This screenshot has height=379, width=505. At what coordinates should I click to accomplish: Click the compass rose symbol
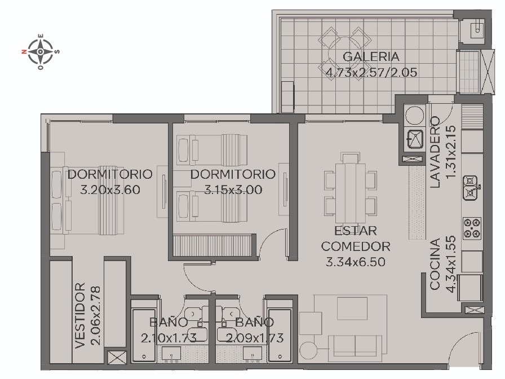coord(40,51)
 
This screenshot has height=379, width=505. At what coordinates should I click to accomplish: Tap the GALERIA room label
coord(371,57)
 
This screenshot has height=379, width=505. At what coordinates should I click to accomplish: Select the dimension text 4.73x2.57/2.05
coord(371,72)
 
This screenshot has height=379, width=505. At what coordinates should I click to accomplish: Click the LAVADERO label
coord(435,152)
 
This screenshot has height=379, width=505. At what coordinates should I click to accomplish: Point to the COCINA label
coord(435,264)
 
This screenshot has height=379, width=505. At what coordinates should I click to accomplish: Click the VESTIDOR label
coord(80,315)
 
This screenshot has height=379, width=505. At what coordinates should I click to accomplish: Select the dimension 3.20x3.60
coord(110,189)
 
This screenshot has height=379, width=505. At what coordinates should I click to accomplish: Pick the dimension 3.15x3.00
coord(233,189)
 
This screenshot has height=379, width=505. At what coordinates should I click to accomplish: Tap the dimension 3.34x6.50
coord(355,262)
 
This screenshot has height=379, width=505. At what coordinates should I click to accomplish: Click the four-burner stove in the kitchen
coord(472,228)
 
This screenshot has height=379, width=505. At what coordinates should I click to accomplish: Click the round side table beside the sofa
coord(308,350)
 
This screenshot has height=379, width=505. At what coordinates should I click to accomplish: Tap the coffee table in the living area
coord(352,309)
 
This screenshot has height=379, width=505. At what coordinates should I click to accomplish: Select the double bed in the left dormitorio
coord(87,200)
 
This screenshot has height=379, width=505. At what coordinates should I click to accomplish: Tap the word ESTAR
coord(355,231)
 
